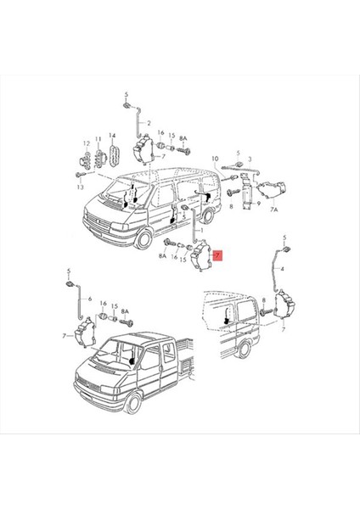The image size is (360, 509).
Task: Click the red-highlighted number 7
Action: point(219,255)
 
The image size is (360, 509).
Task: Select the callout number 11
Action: point(98,138)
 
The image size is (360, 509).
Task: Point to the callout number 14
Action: point(112,138)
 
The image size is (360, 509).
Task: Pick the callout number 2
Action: point(148,124)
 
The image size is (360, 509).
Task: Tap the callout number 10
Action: point(215,159)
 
